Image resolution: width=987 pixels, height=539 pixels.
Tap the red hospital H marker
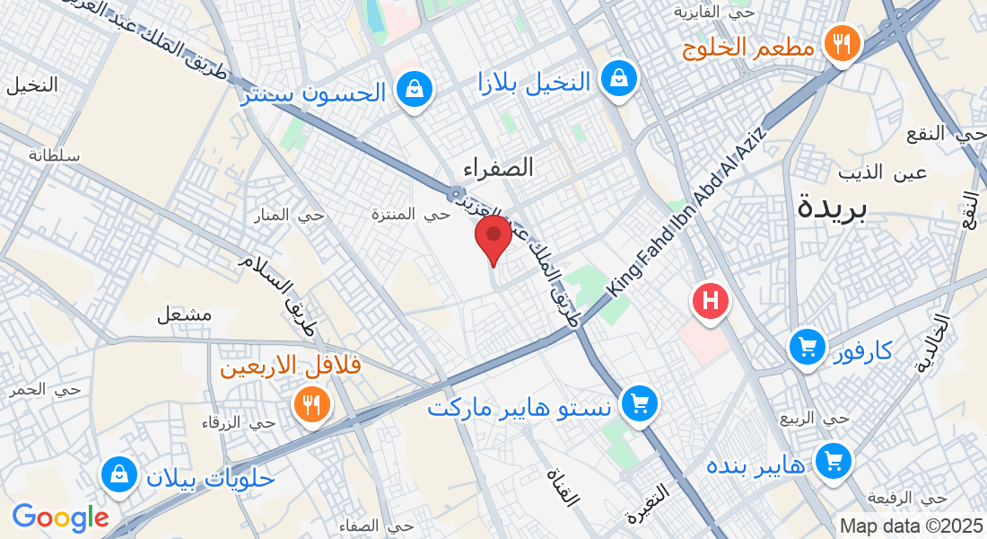click(x=710, y=300)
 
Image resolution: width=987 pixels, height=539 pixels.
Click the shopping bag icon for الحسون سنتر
click(x=415, y=90)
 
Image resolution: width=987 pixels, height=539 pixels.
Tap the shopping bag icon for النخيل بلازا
click(x=619, y=78)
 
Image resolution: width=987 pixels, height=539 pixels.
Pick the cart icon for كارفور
click(x=808, y=346)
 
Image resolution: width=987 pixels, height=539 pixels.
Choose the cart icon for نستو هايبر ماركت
click(x=639, y=404)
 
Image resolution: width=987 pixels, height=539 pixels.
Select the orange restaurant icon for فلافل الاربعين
click(x=311, y=404)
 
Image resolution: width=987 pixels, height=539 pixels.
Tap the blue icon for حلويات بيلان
click(x=118, y=475)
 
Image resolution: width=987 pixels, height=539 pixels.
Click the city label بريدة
click(x=833, y=208)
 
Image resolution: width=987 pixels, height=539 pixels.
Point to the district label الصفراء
click(x=499, y=167)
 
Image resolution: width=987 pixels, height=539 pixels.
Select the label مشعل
click(x=184, y=314)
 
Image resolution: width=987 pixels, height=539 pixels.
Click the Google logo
click(x=60, y=517)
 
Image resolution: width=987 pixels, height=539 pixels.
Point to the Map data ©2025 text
click(x=910, y=526)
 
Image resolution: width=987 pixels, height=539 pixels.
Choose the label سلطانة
click(x=54, y=155)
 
